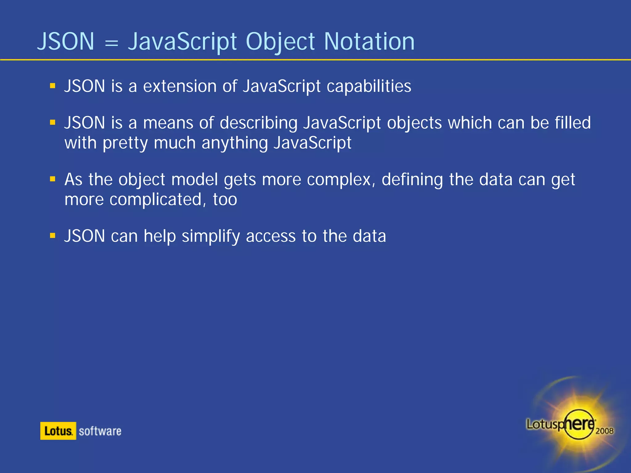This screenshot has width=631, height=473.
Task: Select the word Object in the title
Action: pos(280,42)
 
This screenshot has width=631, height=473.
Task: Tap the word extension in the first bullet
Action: pos(180,86)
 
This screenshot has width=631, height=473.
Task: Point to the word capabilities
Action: pos(369,87)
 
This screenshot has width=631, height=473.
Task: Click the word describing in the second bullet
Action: pos(259,123)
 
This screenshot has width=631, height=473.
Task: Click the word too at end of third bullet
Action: pos(225,200)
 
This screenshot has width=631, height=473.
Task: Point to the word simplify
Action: pos(211,236)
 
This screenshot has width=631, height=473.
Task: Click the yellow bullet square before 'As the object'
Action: pos(53,179)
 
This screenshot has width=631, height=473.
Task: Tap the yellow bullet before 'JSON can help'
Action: pos(53,236)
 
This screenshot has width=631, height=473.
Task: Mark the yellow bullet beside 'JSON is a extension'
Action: pos(53,86)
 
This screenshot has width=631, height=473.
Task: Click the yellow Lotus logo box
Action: pos(58,431)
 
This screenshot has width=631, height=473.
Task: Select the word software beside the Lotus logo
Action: pos(100,431)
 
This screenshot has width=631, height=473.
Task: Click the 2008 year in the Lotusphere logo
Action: pos(604,431)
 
